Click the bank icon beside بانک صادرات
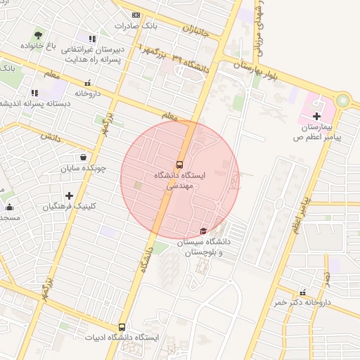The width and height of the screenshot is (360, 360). click(x=136, y=15)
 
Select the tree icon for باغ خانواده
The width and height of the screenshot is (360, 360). click(x=37, y=34)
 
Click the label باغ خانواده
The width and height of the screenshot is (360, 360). click(x=37, y=46)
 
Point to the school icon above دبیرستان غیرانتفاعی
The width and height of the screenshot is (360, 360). click(x=92, y=39)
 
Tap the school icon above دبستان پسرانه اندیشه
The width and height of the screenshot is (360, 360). click(x=34, y=92)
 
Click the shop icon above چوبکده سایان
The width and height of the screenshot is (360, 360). click(x=84, y=157)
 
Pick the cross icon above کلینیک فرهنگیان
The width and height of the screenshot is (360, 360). click(x=69, y=195)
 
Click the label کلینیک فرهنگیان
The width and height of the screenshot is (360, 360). click(x=69, y=207)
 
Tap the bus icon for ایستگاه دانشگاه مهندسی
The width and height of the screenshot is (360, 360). click(x=180, y=164)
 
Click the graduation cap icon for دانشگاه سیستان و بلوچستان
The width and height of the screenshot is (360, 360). click(x=203, y=231)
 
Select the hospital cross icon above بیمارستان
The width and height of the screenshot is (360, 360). click(x=316, y=115)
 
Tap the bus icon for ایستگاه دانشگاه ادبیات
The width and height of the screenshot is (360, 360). click(x=122, y=327)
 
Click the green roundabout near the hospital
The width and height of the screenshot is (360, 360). click(x=342, y=101)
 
